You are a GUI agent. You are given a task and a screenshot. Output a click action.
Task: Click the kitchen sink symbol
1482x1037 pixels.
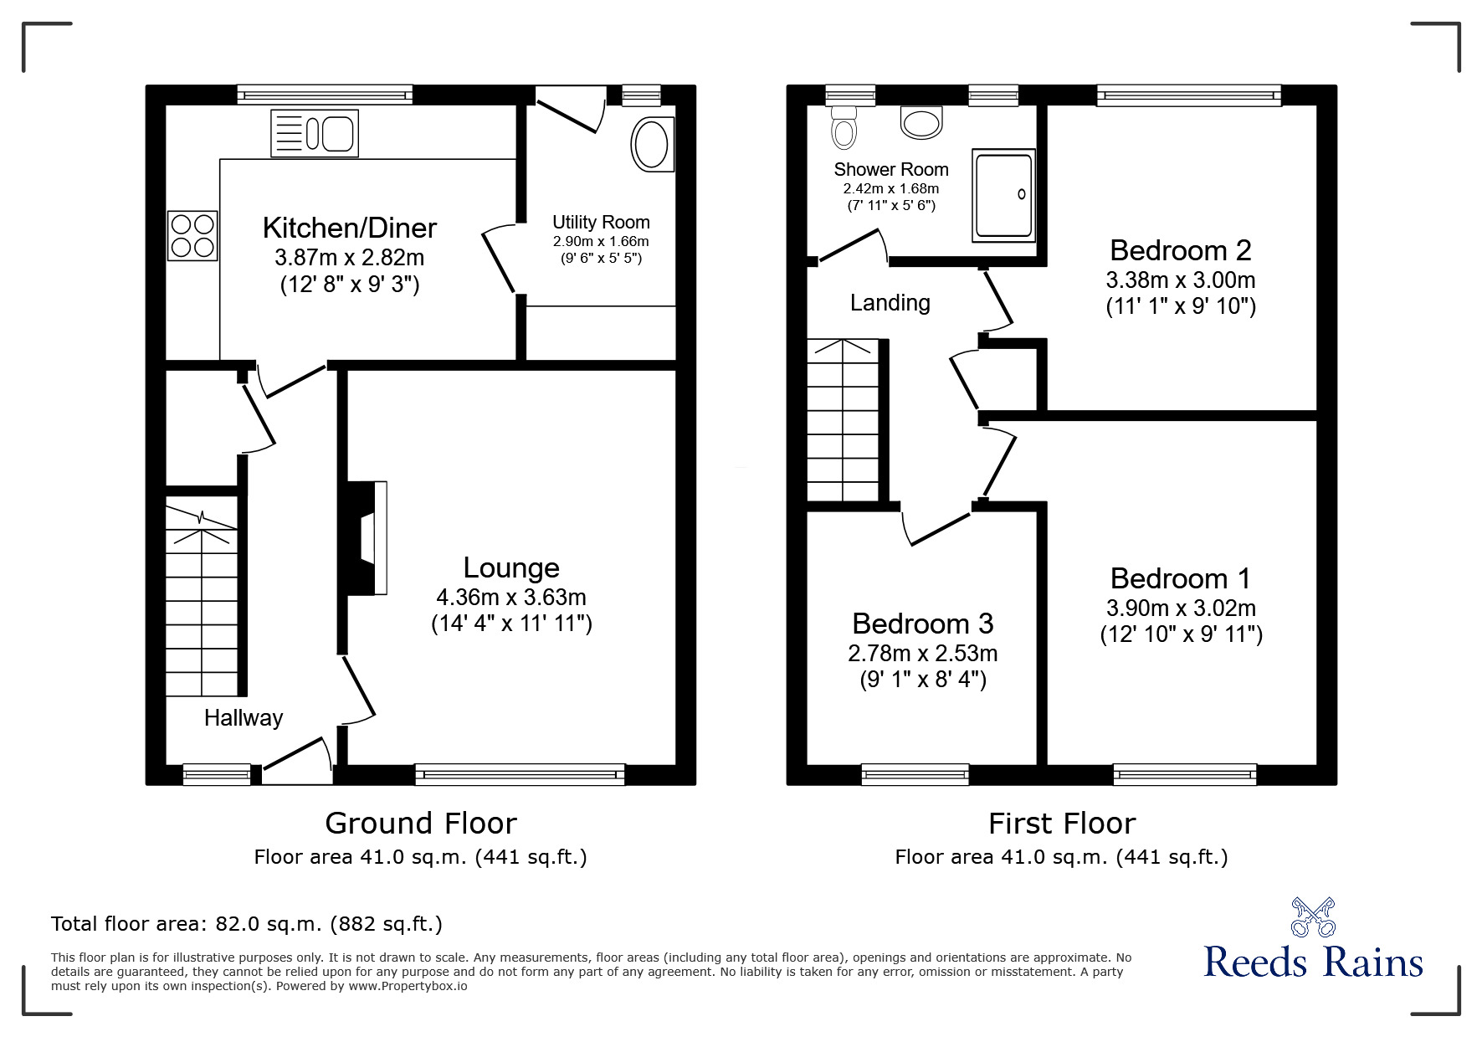pyautogui.click(x=315, y=133)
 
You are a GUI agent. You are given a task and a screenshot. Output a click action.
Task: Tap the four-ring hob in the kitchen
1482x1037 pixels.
pyautogui.click(x=193, y=235)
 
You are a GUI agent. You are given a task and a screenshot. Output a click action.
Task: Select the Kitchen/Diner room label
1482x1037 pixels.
pyautogui.click(x=350, y=228)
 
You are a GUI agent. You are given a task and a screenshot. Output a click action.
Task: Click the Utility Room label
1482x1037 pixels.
pyautogui.click(x=601, y=222)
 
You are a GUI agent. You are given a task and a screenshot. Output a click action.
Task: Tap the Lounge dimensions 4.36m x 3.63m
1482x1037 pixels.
pyautogui.click(x=510, y=597)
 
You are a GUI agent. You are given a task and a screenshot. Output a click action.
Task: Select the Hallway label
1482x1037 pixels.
pyautogui.click(x=244, y=717)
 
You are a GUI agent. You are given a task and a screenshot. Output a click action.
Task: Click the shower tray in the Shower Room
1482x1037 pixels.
pyautogui.click(x=1003, y=195)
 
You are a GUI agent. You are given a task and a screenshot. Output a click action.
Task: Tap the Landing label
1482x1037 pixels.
pyautogui.click(x=890, y=302)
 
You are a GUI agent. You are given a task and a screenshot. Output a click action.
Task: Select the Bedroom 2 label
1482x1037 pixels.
pyautogui.click(x=1180, y=249)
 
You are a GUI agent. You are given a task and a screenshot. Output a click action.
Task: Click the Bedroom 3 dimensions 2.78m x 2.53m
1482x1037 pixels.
pyautogui.click(x=922, y=652)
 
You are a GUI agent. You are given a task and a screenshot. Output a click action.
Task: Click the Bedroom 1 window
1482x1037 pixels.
pyautogui.click(x=1185, y=774)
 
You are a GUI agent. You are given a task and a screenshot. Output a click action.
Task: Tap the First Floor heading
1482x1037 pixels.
pyautogui.click(x=1061, y=823)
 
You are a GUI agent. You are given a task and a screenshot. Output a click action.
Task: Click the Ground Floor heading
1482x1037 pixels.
pyautogui.click(x=420, y=823)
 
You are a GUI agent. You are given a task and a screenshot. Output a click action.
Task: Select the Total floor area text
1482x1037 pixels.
pyautogui.click(x=247, y=924)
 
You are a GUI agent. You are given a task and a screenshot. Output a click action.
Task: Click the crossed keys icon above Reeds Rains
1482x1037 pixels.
pyautogui.click(x=1313, y=916)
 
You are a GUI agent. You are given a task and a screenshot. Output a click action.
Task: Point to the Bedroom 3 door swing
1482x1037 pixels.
pyautogui.click(x=937, y=527)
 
